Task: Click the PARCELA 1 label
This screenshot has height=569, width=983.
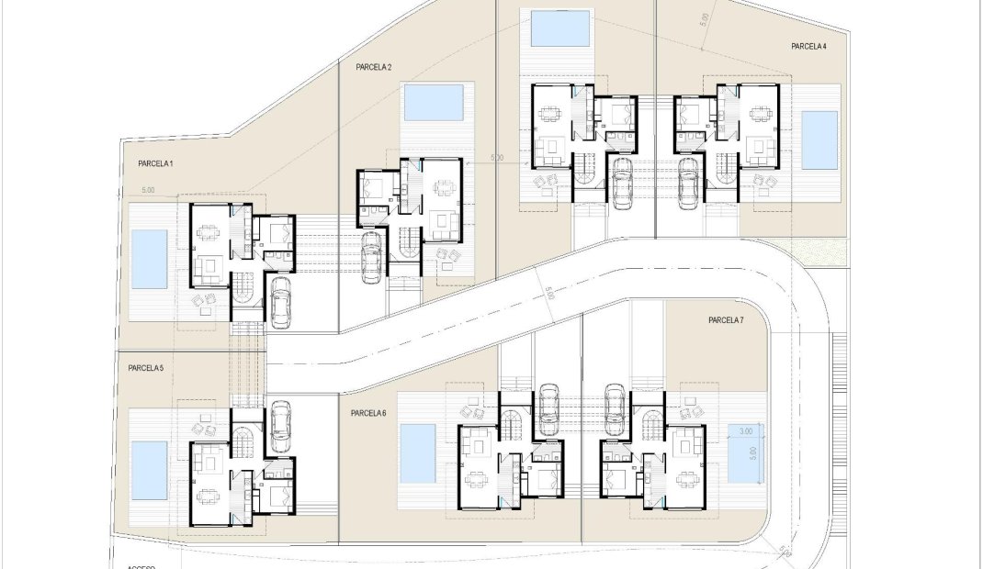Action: pos(155,163)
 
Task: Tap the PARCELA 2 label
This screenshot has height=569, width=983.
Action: pos(374,67)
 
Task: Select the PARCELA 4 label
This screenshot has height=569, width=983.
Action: pos(808,45)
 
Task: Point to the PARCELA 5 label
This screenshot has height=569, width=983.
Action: pos(146,368)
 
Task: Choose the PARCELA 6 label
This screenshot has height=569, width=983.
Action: pos(368,413)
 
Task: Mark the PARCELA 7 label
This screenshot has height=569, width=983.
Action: pos(726,320)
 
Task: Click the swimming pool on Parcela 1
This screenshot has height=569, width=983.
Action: pos(149,260)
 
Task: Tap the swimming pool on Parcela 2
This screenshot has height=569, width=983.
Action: pos(435,103)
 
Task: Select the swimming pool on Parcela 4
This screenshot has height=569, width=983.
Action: pos(819,140)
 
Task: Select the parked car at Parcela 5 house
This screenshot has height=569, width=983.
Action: pos(280,424)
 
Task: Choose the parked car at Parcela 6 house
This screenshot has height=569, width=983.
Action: pos(548,408)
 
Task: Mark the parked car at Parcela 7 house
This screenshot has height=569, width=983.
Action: pos(616,408)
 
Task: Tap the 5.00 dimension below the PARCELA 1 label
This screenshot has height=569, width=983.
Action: pos(148,190)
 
